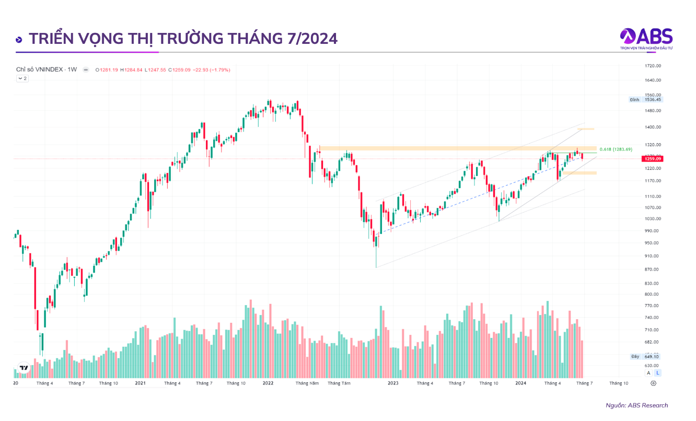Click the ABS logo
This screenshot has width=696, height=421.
tap(646, 37)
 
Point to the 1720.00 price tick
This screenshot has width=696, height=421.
tap(653, 66)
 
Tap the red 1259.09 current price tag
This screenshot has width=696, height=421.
tap(653, 159)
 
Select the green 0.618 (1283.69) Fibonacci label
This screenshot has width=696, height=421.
tap(616, 149)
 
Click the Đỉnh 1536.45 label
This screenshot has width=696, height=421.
tap(646, 99)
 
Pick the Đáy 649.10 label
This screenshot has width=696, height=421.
tap(645, 356)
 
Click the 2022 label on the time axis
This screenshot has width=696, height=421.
tap(268, 383)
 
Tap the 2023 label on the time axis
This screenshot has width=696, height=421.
tap(393, 383)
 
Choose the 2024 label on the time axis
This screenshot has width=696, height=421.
tap(520, 383)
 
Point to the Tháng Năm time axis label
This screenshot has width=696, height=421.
tap(307, 383)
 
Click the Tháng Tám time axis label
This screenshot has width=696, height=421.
tap(339, 383)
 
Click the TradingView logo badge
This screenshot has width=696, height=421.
tap(24, 368)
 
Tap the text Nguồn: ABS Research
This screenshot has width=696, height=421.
tap(636, 405)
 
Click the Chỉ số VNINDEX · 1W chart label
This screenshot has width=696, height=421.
tap(47, 69)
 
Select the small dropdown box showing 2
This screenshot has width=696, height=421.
tap(22, 78)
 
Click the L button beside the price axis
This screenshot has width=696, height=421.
tap(658, 372)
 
